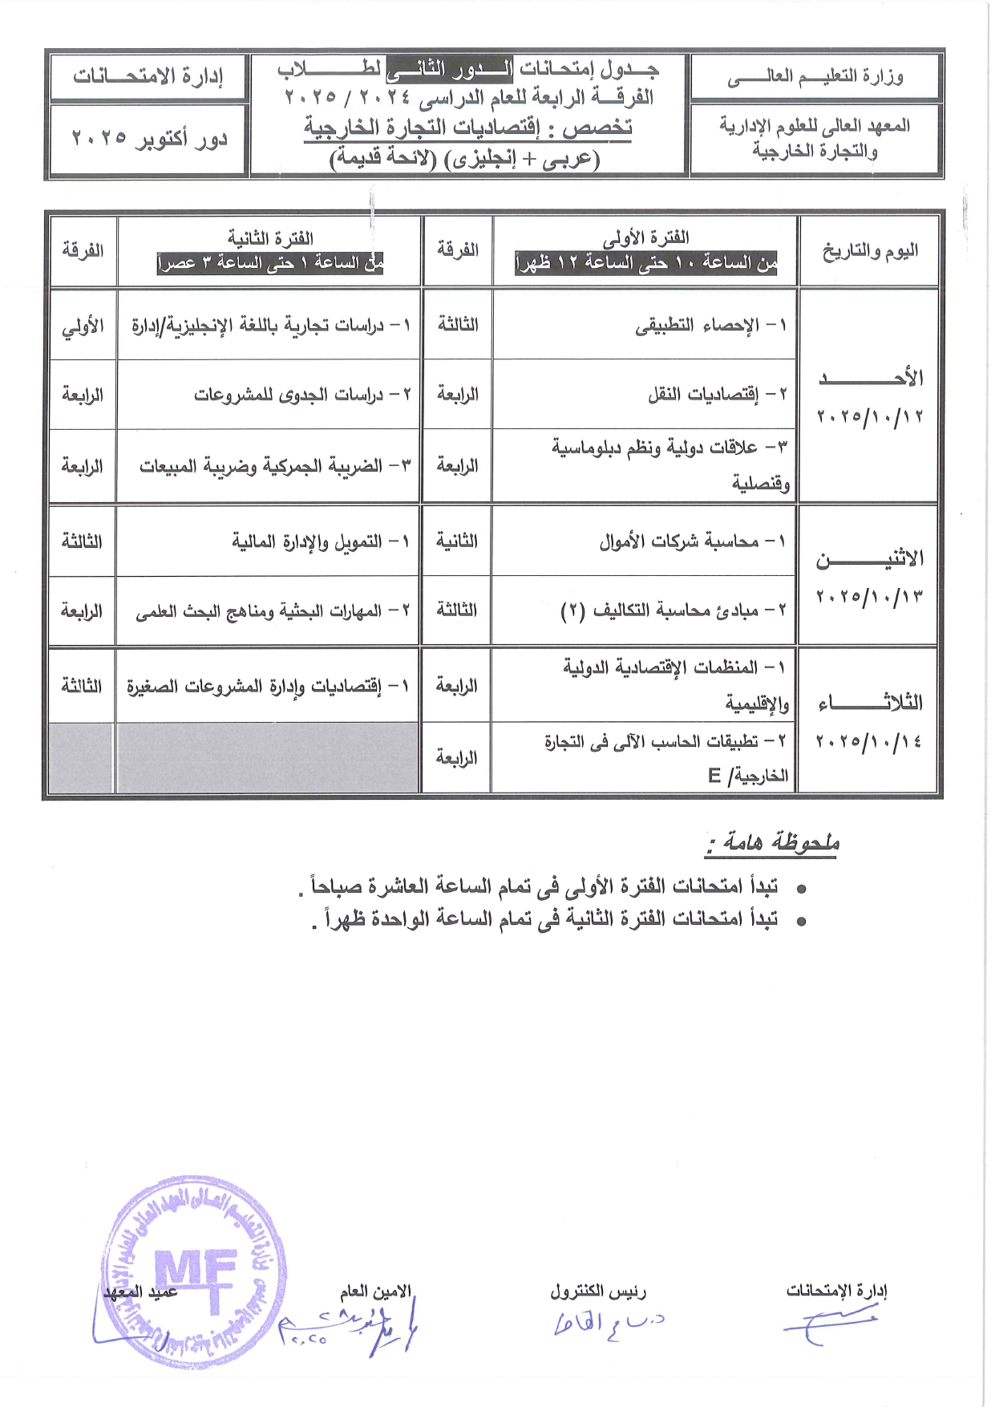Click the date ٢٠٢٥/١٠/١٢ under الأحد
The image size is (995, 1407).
click(x=869, y=416)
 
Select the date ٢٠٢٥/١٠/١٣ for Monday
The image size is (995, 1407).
click(x=869, y=596)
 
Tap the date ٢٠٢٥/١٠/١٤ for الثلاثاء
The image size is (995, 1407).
click(x=869, y=741)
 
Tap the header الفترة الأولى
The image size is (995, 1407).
click(x=645, y=237)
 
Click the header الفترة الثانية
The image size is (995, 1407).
click(x=270, y=237)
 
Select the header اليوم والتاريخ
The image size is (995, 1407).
click(x=869, y=251)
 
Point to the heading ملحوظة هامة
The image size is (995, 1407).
click(x=773, y=842)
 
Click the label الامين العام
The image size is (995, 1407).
click(x=375, y=1291)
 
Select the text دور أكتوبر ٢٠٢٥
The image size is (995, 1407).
click(x=149, y=139)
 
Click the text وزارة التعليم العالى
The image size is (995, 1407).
click(x=815, y=77)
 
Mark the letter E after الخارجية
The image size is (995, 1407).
click(x=714, y=775)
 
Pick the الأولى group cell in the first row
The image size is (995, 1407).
click(x=83, y=326)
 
